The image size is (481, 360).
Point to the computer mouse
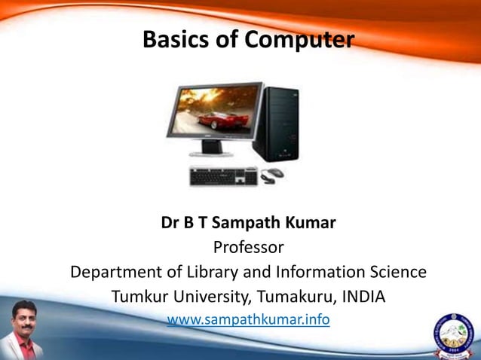272,175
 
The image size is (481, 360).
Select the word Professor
248,247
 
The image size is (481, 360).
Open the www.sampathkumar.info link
248,319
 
